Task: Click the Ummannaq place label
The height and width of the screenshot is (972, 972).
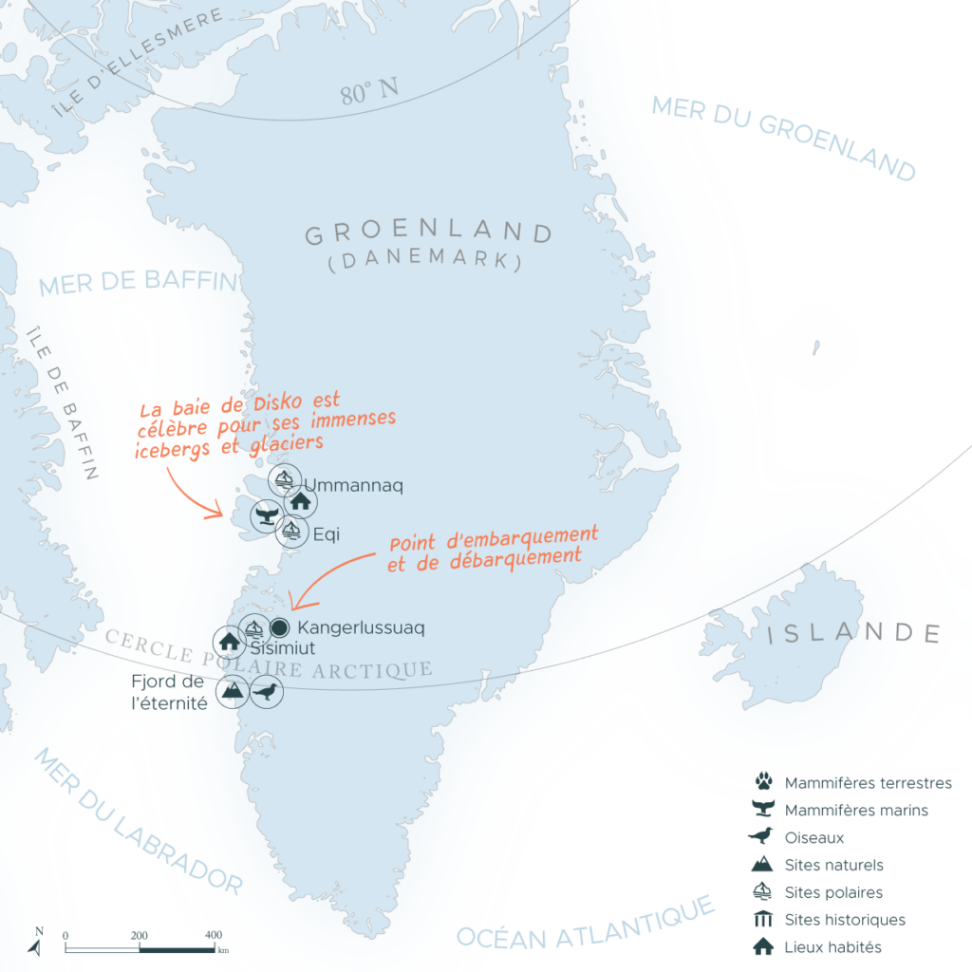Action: pyautogui.click(x=353, y=486)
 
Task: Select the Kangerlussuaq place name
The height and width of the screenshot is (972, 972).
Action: pyautogui.click(x=361, y=627)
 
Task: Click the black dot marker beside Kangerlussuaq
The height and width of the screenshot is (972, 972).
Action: pyautogui.click(x=279, y=627)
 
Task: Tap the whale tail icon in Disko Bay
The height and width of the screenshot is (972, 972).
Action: pyautogui.click(x=267, y=515)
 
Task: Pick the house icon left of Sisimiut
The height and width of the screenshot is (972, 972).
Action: pyautogui.click(x=228, y=642)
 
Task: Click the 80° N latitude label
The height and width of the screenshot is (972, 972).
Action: pyautogui.click(x=369, y=93)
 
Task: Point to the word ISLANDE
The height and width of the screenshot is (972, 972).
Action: pyautogui.click(x=853, y=633)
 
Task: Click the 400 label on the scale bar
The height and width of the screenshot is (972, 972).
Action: pyautogui.click(x=214, y=934)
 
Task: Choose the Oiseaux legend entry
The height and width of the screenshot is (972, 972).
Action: pyautogui.click(x=813, y=838)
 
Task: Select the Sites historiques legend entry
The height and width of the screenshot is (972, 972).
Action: pyautogui.click(x=844, y=920)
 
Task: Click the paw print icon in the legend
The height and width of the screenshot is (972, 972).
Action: pyautogui.click(x=762, y=783)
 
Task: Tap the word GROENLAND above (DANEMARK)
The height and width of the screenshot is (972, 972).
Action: pyautogui.click(x=428, y=234)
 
